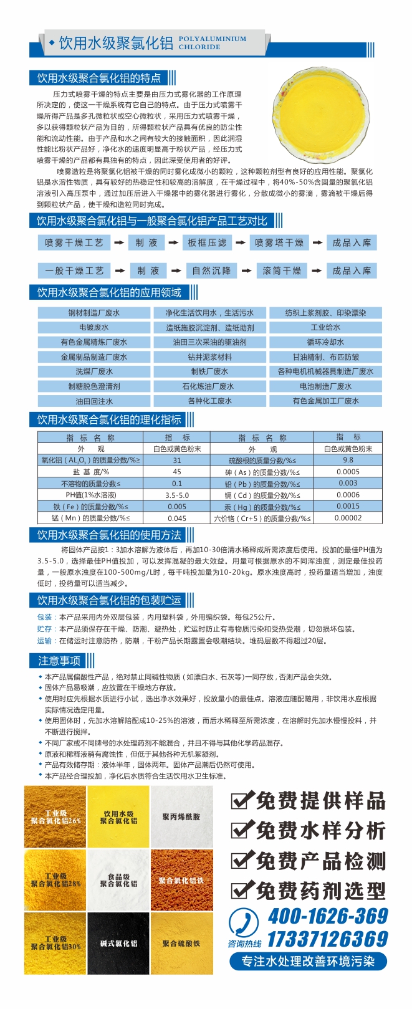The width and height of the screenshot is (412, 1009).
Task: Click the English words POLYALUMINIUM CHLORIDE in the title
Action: [x=212, y=42]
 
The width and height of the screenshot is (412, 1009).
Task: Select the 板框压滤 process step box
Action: [x=207, y=242]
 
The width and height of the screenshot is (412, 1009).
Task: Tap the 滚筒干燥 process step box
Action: [x=282, y=270]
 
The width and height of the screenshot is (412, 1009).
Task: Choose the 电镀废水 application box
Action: [x=93, y=327]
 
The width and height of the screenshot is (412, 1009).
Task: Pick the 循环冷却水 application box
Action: [x=325, y=342]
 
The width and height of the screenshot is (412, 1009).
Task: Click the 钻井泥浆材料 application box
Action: [x=209, y=357]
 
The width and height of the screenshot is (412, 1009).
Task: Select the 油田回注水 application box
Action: [x=93, y=401]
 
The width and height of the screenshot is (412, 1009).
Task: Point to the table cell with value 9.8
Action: [x=347, y=460]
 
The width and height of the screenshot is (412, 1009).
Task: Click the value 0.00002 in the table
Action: [x=347, y=518]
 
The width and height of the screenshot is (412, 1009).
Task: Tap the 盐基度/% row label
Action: [x=90, y=472]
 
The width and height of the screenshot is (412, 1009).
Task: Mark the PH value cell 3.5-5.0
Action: [x=177, y=495]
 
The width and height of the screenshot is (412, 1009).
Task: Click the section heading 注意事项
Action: [x=59, y=661]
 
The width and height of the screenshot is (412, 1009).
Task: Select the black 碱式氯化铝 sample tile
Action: [x=118, y=943]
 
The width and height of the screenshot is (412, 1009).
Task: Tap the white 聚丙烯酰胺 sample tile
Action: [x=181, y=816]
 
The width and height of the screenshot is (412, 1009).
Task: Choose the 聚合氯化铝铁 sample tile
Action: [x=181, y=880]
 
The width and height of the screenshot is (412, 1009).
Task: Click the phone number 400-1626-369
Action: [x=327, y=916]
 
